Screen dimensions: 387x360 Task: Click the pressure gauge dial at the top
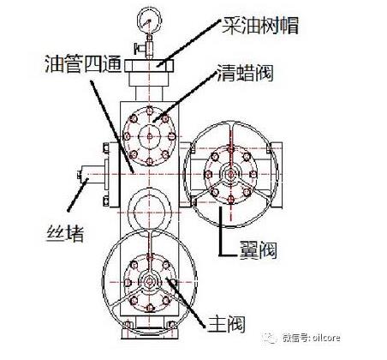click(x=149, y=20)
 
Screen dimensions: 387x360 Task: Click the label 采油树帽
click(x=260, y=26)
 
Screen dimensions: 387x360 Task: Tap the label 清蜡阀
click(x=246, y=73)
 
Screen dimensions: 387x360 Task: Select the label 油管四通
click(x=84, y=63)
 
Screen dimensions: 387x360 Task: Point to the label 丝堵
click(x=65, y=233)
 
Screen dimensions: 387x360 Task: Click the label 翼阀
click(x=258, y=249)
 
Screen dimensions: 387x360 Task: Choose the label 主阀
click(x=226, y=324)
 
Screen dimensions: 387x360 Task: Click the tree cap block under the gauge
click(x=149, y=66)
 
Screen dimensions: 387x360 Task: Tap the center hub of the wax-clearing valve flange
click(x=149, y=137)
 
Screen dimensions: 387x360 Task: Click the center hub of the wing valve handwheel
click(x=230, y=174)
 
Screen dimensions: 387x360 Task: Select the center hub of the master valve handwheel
click(x=149, y=282)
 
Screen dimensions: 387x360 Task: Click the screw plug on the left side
click(x=92, y=174)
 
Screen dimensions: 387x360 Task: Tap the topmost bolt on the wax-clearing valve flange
click(x=149, y=111)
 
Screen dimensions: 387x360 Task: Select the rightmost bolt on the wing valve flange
click(x=253, y=174)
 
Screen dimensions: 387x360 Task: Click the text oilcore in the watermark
click(x=326, y=338)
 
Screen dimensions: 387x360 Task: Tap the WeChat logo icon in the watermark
click(x=270, y=338)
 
